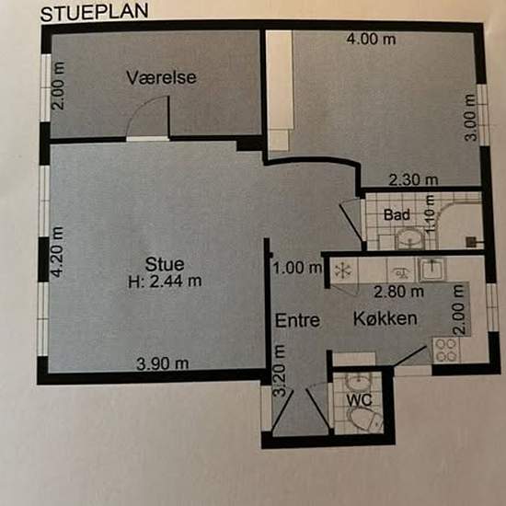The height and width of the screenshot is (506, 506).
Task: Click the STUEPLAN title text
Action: point(94,12)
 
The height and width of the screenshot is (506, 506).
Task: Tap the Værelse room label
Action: point(161,78)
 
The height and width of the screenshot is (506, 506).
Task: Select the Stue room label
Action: point(165,264)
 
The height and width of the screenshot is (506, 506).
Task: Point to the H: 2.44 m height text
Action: point(165,282)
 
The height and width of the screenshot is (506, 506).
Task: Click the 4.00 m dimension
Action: point(371,40)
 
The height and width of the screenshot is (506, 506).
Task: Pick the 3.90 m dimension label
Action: point(162,364)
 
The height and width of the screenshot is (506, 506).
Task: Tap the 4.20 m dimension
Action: point(58,252)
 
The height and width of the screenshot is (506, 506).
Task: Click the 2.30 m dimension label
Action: point(413,180)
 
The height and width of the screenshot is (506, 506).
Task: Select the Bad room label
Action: point(397,215)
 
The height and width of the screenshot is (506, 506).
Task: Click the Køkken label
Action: point(385,318)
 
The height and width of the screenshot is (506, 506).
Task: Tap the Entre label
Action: point(297,320)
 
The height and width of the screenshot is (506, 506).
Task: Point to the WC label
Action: point(359,400)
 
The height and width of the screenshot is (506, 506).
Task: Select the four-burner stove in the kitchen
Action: point(446,351)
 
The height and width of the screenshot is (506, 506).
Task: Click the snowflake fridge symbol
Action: point(343,270)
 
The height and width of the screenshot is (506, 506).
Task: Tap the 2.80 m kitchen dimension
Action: point(398,292)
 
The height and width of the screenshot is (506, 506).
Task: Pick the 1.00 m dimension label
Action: point(297,268)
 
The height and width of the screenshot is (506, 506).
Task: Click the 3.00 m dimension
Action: point(471,118)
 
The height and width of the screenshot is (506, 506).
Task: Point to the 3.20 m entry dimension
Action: point(279,371)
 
